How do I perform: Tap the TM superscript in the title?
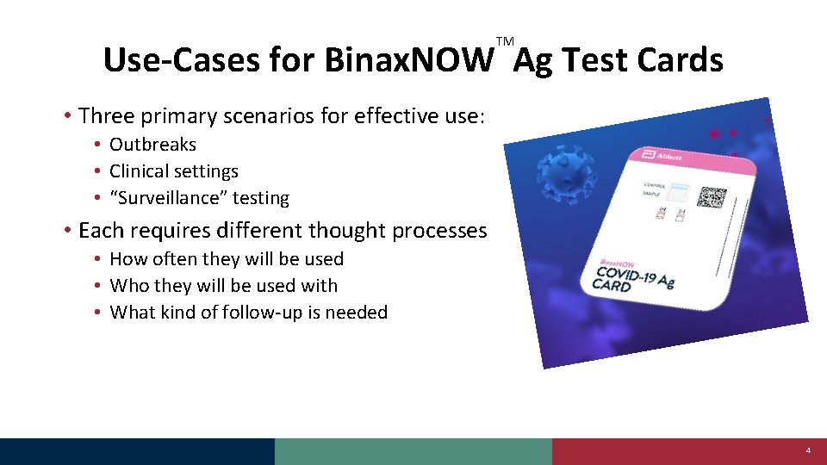[x=505, y=41]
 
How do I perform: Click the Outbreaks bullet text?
[x=152, y=145]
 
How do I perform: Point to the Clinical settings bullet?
[x=173, y=171]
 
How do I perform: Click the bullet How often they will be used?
[x=227, y=259]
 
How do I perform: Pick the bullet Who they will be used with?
[x=223, y=286]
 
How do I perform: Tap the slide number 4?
[x=808, y=451]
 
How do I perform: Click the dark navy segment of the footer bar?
[x=137, y=451]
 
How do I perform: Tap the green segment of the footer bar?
[x=413, y=451]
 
